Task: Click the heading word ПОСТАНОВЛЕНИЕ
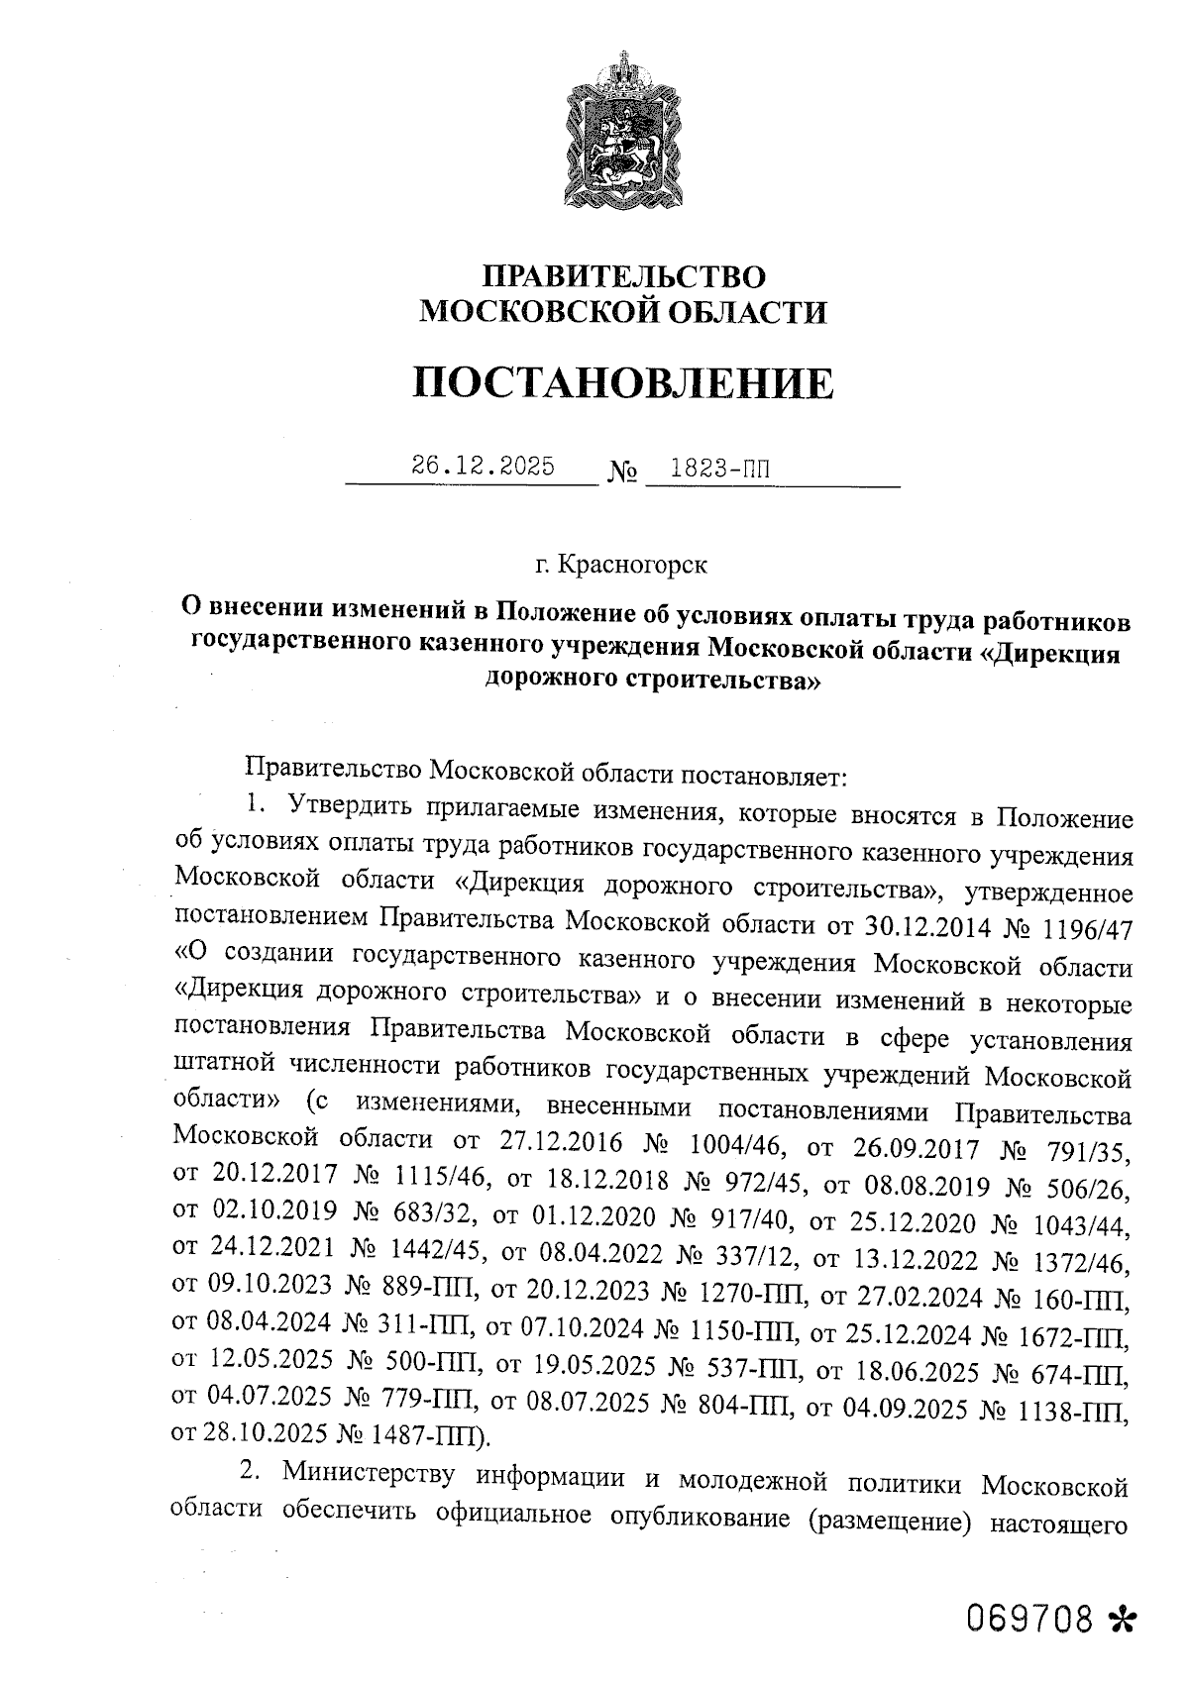click(622, 383)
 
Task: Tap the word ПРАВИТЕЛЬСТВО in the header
click(623, 275)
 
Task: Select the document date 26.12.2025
click(483, 467)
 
